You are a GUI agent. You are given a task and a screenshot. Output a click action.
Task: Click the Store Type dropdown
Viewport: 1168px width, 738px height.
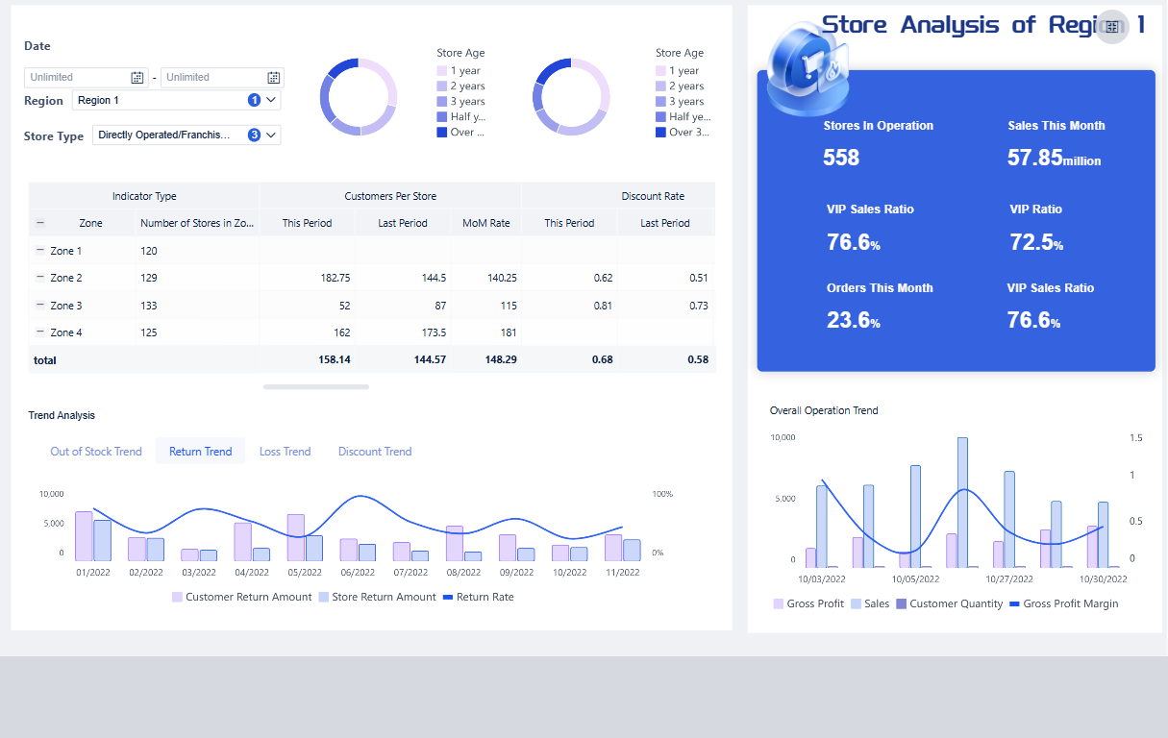pyautogui.click(x=186, y=135)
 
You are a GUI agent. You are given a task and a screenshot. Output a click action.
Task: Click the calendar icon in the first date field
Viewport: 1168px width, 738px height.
pyautogui.click(x=137, y=77)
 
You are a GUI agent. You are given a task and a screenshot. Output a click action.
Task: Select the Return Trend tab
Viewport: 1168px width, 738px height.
pyautogui.click(x=200, y=452)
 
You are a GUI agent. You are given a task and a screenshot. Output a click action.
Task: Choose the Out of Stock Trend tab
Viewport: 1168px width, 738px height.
pyautogui.click(x=96, y=452)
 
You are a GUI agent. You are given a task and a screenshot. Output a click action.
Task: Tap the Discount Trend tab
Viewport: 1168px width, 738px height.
pyautogui.click(x=375, y=452)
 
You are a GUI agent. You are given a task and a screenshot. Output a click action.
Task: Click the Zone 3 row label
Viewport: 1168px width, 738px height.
pyautogui.click(x=66, y=306)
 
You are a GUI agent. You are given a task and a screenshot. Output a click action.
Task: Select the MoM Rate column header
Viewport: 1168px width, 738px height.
pyautogui.click(x=485, y=223)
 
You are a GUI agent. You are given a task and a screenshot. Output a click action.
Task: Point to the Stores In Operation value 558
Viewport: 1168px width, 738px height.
pyautogui.click(x=841, y=158)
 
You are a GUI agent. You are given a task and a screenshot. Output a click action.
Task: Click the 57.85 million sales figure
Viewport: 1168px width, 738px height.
pyautogui.click(x=1054, y=158)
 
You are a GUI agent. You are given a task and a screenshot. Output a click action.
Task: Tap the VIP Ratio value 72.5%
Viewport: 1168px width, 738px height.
pyautogui.click(x=1036, y=242)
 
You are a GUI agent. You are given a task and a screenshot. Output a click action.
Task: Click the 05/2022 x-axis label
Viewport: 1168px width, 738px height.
pyautogui.click(x=305, y=572)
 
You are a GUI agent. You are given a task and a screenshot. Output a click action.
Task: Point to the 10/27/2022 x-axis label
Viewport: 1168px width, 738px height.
pyautogui.click(x=1009, y=578)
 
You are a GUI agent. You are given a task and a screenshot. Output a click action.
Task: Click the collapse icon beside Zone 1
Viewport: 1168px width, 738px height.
pyautogui.click(x=39, y=251)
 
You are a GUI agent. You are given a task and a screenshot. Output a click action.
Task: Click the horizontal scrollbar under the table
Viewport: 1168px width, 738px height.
pyautogui.click(x=315, y=386)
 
